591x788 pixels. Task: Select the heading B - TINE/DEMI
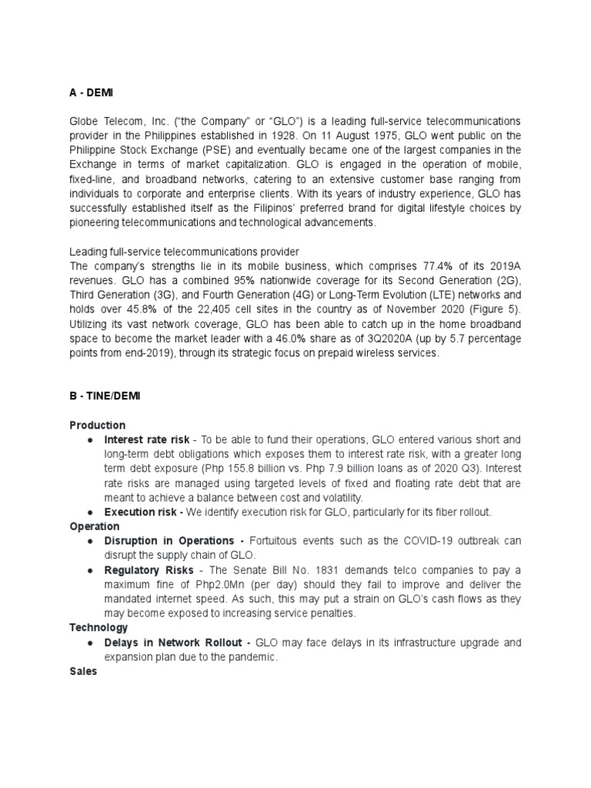104,396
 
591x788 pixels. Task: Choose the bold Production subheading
97,425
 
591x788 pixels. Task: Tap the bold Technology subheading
99,628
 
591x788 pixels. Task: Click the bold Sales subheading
83,672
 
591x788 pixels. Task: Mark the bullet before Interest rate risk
90,439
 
